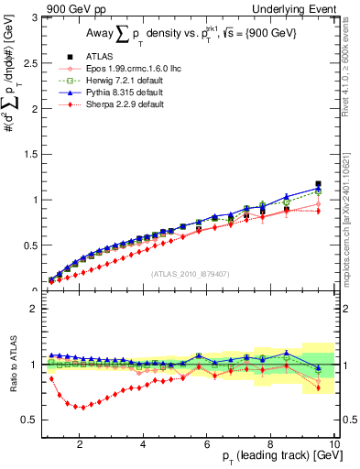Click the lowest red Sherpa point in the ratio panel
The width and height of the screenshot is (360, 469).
pos(80,408)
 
